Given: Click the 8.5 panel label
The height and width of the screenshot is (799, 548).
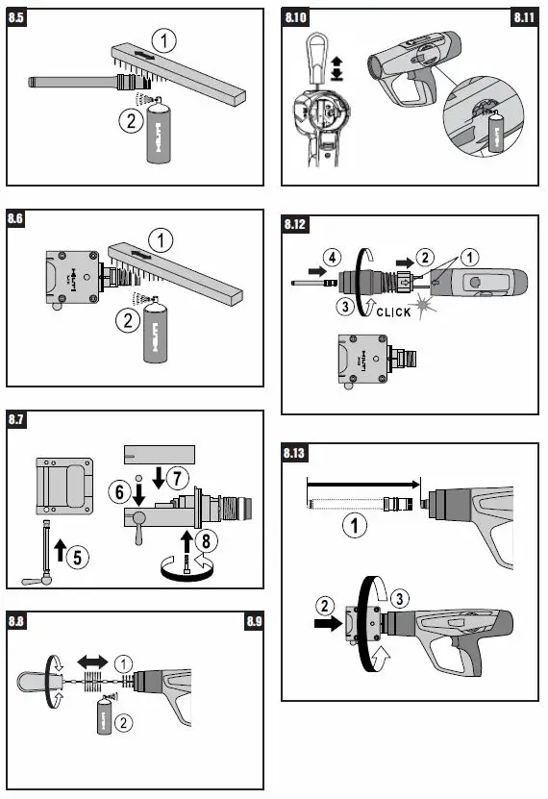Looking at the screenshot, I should coord(19,18).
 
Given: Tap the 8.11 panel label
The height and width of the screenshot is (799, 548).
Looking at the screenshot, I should coord(524,18).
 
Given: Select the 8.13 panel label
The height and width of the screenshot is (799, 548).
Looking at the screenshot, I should coord(298,452).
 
